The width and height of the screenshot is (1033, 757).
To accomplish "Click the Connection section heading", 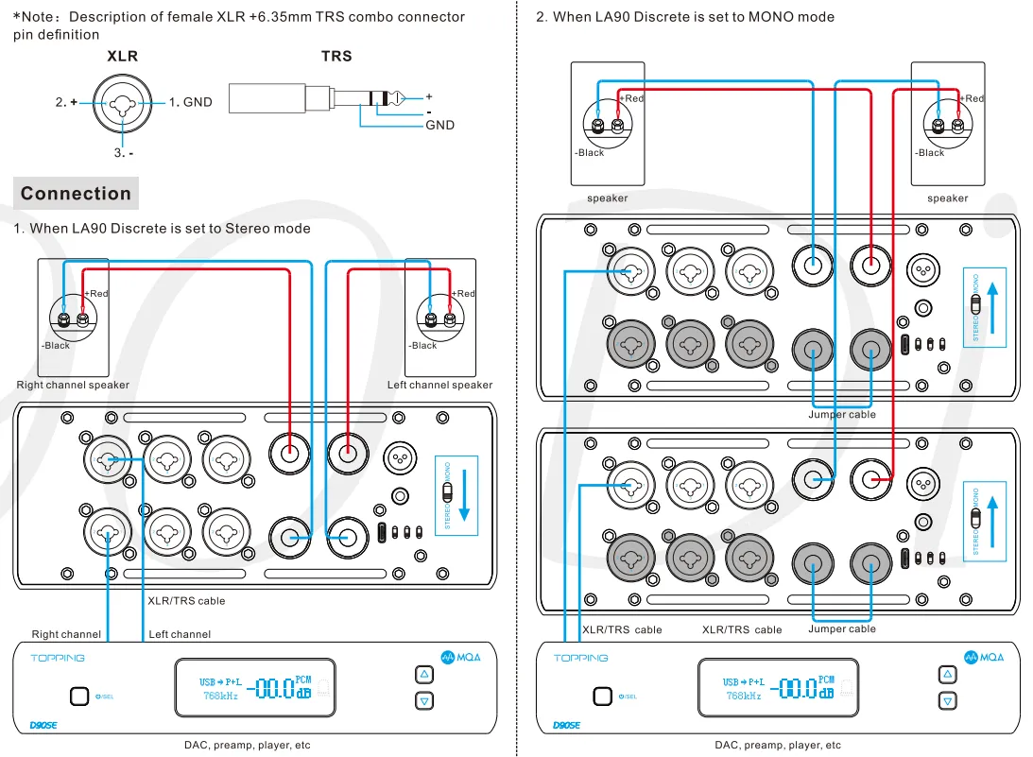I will pos(76,194).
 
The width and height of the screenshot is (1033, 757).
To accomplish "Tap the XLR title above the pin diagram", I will pos(123,57).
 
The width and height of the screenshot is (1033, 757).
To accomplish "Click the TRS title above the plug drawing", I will pos(336,57).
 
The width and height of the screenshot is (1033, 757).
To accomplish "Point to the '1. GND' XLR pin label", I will pos(191,102).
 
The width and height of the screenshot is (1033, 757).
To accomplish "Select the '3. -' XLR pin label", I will pos(124,152).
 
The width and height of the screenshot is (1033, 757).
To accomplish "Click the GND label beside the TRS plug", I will pos(439,125).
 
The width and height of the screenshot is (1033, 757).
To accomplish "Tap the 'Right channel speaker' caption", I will pos(73,385).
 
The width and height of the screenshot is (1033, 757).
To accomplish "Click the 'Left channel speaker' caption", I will pos(439,385).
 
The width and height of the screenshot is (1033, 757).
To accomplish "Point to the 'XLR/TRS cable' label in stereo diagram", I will pos(186,600).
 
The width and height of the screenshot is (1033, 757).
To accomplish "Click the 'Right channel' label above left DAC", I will pos(66,634).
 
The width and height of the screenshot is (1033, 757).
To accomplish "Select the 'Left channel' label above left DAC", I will pos(180,634).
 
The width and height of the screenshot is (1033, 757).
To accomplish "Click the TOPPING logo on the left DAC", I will pos(57,658).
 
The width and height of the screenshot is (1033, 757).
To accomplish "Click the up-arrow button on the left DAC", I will pos(424,675).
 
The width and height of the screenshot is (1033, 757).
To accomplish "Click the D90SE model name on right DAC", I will pos(566,725).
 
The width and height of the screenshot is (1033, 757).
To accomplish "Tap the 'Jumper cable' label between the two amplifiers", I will pos(841,415).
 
